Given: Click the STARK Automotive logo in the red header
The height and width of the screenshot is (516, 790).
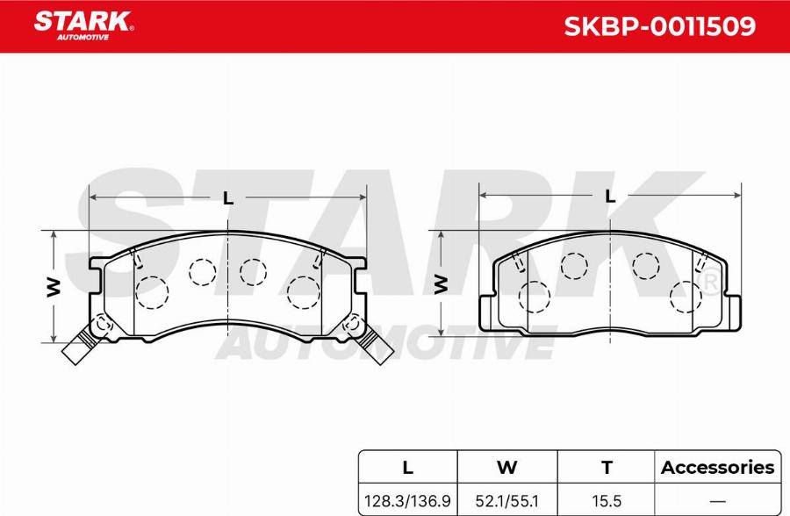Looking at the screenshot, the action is (x=83, y=25).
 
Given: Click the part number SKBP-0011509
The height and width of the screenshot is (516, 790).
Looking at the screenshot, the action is (x=659, y=26).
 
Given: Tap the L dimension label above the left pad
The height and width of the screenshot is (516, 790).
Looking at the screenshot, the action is (x=228, y=198).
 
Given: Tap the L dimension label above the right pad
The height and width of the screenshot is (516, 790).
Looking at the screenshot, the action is (x=610, y=196).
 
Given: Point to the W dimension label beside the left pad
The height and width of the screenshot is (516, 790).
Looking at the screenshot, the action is (x=54, y=287).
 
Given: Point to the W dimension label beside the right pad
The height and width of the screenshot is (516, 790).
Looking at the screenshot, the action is (x=441, y=284).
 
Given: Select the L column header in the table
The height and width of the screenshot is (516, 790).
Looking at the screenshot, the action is (x=407, y=467).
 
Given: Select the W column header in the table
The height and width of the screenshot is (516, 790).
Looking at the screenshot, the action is (x=506, y=467).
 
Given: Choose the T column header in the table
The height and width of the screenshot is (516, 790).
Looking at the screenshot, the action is (x=607, y=467).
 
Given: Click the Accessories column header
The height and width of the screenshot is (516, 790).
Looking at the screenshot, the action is (x=717, y=467).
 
